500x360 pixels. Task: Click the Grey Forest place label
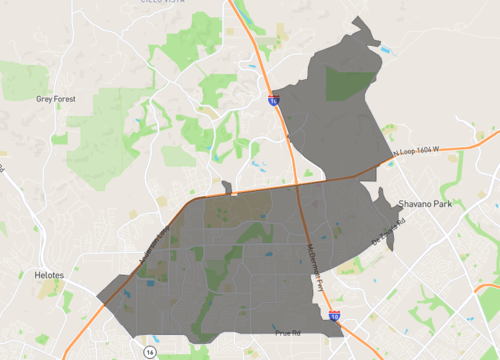point(55,99)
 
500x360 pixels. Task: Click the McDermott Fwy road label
point(314,267)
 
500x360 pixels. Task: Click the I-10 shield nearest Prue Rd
point(333,317)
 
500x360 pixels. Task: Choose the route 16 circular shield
point(149,352)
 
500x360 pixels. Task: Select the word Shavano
point(412,203)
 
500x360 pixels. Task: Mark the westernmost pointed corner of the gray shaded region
point(97,296)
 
